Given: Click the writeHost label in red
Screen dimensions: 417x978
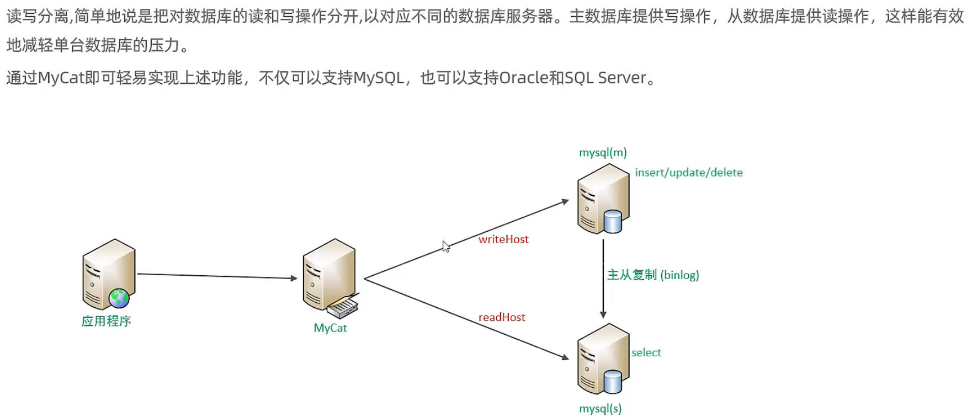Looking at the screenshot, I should coord(503,239).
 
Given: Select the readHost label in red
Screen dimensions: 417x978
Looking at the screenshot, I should coord(502,317).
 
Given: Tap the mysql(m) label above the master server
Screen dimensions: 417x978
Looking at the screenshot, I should coord(603,152).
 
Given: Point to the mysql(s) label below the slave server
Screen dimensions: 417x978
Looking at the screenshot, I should coord(600,409).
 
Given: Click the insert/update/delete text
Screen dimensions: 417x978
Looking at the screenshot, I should coord(688,173).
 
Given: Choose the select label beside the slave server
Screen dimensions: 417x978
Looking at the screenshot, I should coord(646,352).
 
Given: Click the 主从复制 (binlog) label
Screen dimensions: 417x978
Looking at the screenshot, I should coord(652,275).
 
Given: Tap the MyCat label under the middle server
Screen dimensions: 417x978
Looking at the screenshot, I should coord(330,328).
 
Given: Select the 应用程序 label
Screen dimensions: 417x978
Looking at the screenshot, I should coord(106,321).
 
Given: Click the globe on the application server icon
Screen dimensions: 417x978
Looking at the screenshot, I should coord(119,298).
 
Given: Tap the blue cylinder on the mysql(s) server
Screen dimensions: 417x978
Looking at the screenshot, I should coord(613,381).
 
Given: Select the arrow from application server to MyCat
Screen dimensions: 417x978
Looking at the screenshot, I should coord(216,276).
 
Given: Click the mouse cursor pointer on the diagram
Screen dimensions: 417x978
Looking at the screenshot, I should coord(446,247).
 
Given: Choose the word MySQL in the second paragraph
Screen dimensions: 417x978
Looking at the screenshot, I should coord(379,78).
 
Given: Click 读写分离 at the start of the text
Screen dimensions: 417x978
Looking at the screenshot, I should coord(38,16).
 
